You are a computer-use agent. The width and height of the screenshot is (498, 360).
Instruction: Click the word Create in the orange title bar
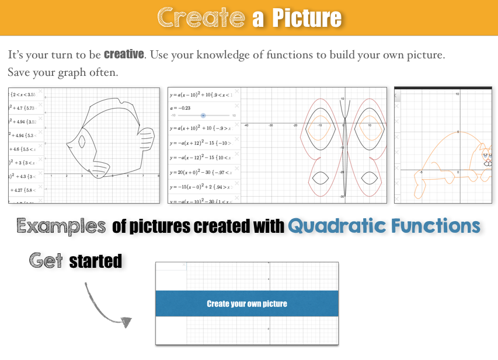pyautogui.click(x=200, y=18)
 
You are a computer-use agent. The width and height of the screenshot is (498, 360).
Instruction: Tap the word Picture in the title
pyautogui.click(x=306, y=18)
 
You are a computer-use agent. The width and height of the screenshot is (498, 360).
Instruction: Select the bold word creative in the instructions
pyautogui.click(x=124, y=54)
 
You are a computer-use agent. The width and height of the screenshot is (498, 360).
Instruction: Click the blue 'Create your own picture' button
pyautogui.click(x=247, y=303)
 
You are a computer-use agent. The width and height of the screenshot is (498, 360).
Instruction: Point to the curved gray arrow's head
pyautogui.click(x=125, y=321)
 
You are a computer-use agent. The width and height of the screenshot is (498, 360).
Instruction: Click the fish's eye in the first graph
pyautogui.click(x=82, y=141)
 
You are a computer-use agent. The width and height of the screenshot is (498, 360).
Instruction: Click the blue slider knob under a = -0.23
pyautogui.click(x=203, y=116)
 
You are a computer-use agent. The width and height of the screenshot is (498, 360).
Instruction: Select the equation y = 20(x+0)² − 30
pyautogui.click(x=200, y=172)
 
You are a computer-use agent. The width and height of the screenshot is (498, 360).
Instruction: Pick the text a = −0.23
pyautogui.click(x=180, y=107)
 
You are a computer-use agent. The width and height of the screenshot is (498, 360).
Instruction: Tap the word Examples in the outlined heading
pyautogui.click(x=61, y=226)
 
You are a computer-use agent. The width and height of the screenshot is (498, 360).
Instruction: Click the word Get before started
pyautogui.click(x=46, y=260)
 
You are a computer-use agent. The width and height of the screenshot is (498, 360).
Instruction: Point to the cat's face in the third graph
pyautogui.click(x=486, y=156)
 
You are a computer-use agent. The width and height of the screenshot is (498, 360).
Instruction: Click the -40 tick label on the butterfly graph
pyautogui.click(x=246, y=125)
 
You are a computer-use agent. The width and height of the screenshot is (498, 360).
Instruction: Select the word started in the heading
pyautogui.click(x=96, y=261)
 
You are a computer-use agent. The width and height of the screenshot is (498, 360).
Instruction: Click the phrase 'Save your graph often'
pyautogui.click(x=63, y=73)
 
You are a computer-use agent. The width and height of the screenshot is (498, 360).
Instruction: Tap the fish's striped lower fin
pyautogui.click(x=100, y=170)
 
